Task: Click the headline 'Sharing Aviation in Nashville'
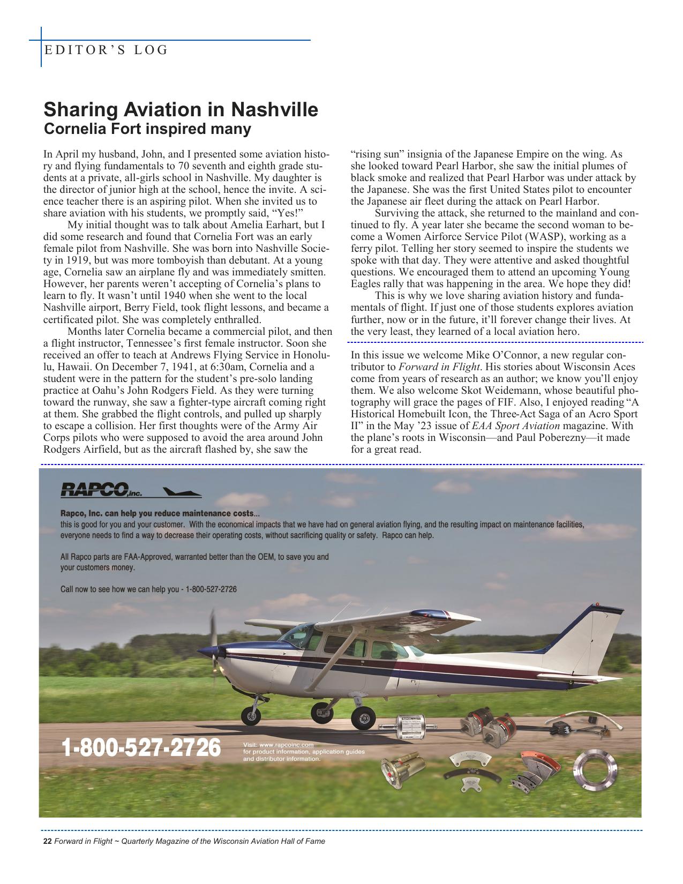181,109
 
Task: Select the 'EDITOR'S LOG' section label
106,50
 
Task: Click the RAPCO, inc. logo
101,490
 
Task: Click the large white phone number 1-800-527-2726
141,748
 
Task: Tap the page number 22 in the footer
47,841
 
